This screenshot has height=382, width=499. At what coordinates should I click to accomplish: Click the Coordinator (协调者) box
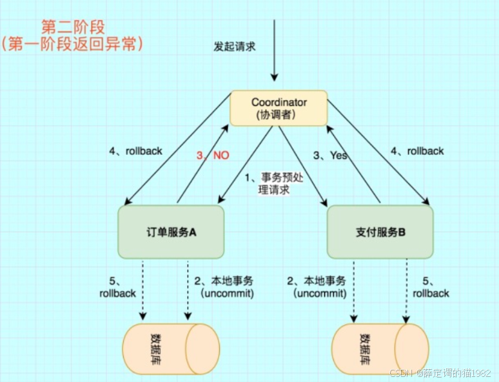tap(279, 108)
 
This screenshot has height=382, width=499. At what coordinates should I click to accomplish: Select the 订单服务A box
tap(171, 232)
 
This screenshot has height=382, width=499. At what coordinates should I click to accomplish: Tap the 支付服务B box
tap(380, 232)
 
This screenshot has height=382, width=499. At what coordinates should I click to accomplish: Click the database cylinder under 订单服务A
tap(171, 349)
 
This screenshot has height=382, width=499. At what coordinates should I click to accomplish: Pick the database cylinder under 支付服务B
tap(380, 349)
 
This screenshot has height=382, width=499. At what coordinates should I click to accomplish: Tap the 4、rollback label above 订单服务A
tap(135, 151)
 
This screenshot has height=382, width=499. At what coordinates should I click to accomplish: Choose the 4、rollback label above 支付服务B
tap(417, 151)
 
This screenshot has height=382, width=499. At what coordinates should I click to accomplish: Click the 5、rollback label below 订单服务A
tap(117, 287)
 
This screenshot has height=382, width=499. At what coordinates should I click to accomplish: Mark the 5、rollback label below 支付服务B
tap(431, 287)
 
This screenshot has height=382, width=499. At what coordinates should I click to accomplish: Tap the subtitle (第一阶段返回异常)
tap(72, 45)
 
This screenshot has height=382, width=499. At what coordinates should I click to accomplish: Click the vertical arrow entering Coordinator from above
tap(274, 52)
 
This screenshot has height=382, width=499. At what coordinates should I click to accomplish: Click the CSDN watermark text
tap(440, 373)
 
